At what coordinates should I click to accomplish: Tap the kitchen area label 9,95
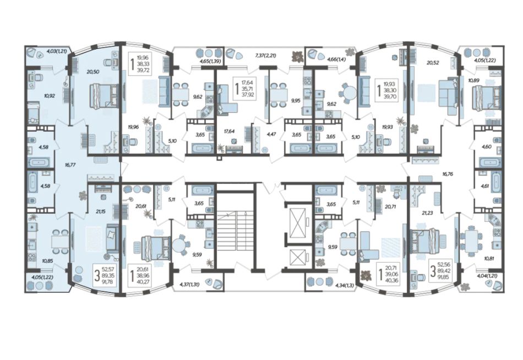coord(296,100)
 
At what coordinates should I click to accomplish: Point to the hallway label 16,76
coord(448,174)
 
